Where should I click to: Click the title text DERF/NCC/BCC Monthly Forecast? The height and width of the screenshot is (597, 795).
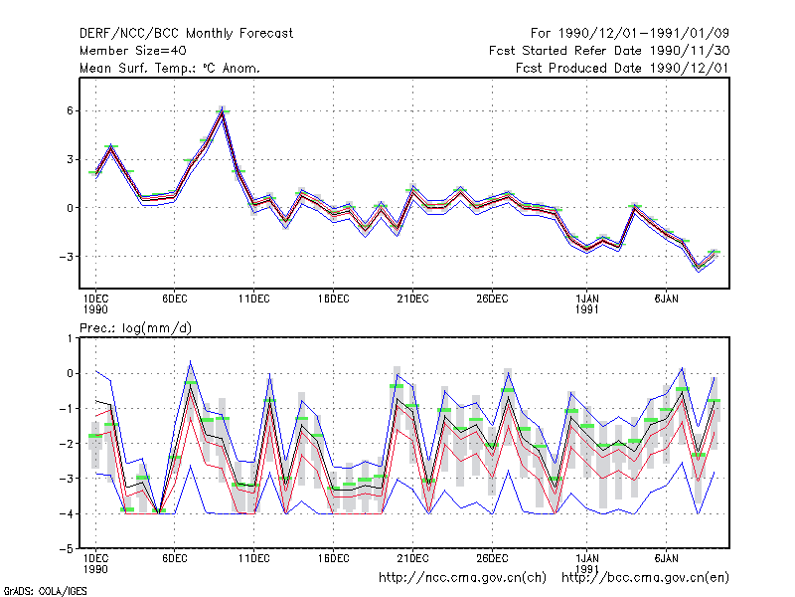(x=186, y=34)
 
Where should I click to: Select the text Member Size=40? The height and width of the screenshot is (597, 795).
(x=133, y=51)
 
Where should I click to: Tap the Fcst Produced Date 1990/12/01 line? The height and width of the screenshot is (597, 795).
(x=622, y=68)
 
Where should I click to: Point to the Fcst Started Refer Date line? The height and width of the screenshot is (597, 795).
(x=609, y=51)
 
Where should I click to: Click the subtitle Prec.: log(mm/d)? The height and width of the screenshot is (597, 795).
(x=135, y=328)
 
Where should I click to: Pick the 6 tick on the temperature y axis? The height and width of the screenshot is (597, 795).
(x=70, y=110)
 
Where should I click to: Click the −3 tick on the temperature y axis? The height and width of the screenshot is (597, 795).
(x=66, y=257)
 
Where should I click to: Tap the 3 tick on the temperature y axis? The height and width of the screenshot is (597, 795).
(x=70, y=159)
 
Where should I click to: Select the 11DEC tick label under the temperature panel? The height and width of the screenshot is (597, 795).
(x=254, y=299)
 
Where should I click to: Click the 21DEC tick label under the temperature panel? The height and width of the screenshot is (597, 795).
(x=412, y=299)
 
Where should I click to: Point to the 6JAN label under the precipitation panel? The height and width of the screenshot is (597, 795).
(x=666, y=558)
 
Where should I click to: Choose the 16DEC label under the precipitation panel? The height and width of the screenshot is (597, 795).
(x=333, y=558)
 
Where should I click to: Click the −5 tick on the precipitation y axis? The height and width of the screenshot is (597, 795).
(x=66, y=549)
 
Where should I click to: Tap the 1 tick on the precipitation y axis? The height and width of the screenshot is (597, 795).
(x=70, y=338)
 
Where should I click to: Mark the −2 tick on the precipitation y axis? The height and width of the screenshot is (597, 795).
(x=66, y=444)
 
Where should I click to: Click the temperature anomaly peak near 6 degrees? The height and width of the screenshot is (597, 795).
(x=222, y=111)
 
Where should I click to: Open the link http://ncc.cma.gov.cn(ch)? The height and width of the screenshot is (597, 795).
(x=462, y=578)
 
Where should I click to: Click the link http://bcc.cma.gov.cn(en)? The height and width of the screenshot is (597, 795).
(x=645, y=578)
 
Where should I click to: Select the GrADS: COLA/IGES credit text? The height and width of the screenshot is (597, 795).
(x=45, y=591)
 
